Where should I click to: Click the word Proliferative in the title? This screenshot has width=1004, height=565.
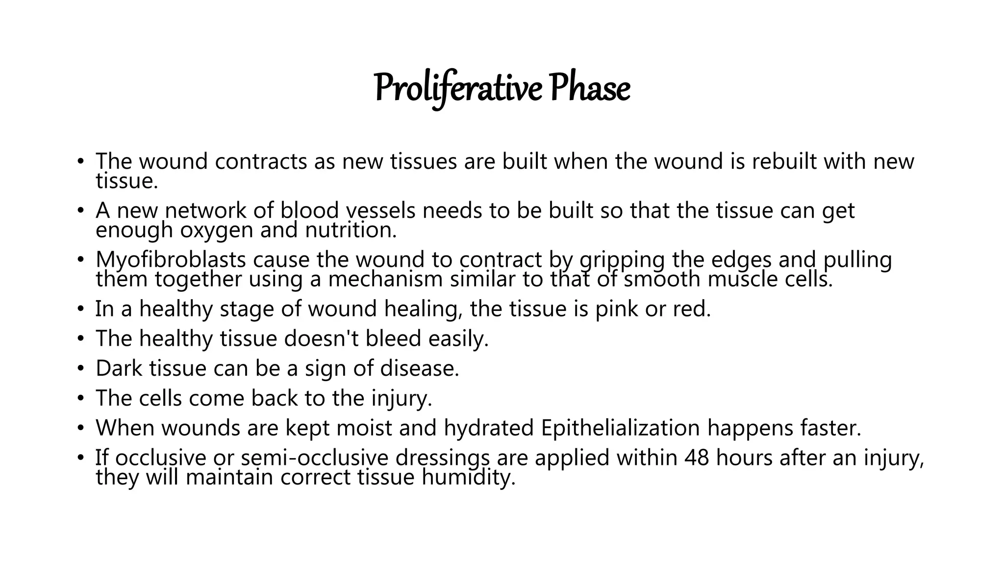tap(458, 89)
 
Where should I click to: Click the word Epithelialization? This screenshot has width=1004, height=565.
tap(620, 428)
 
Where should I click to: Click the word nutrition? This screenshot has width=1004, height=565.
tap(351, 231)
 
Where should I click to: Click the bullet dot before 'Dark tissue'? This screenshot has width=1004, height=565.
tap(80, 369)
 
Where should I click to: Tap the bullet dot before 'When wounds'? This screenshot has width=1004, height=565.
tap(80, 428)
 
